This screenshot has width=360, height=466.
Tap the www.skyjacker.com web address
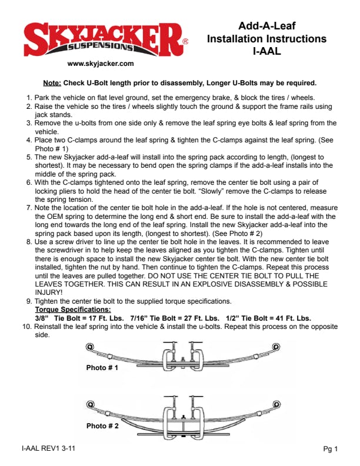pos(101,64)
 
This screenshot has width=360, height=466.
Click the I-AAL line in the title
pos(266,52)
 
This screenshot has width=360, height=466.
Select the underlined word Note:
pos(52,82)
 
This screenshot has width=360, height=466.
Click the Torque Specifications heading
pos(72,309)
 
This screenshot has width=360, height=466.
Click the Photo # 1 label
pos(102,368)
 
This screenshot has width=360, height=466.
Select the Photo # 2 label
pos(102,425)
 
